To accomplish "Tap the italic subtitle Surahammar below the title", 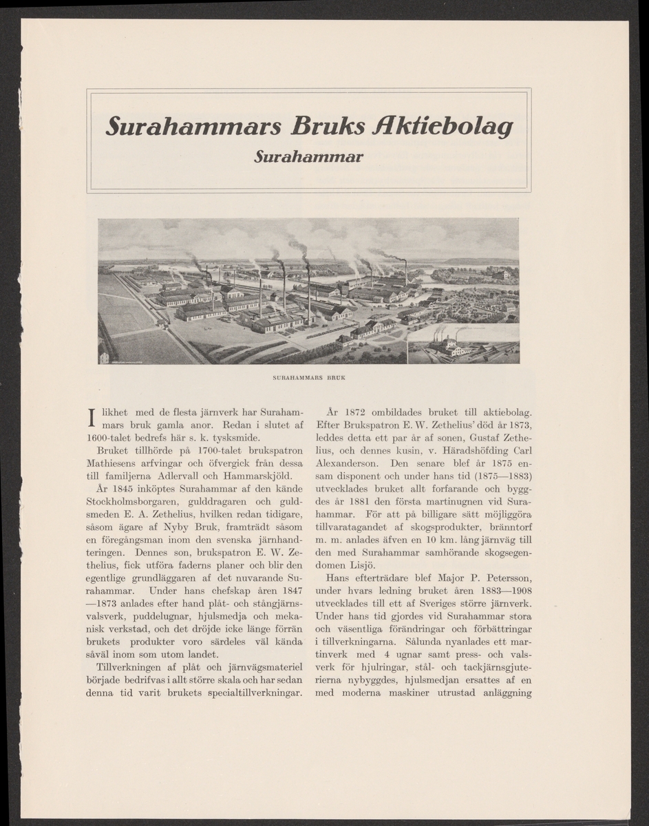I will pos(308,157).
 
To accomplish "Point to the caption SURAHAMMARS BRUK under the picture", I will pos(308,378).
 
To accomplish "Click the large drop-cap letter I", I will pos(92,417).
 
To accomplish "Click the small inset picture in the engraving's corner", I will pos(462,344).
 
